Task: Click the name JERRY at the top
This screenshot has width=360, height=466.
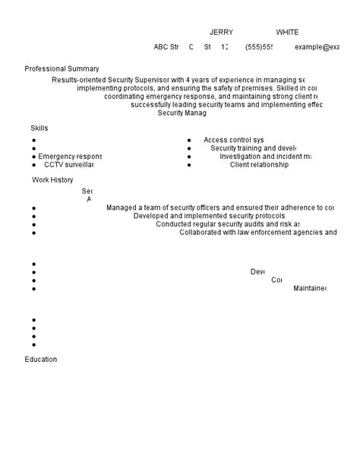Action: [221, 33]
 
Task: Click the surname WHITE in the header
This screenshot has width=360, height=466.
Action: [287, 33]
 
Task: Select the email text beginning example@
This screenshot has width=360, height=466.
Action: [317, 47]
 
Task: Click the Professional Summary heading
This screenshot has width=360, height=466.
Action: [62, 68]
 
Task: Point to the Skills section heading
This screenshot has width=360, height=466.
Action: [39, 128]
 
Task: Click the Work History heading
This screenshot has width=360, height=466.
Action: [52, 180]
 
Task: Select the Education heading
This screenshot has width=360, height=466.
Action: [40, 360]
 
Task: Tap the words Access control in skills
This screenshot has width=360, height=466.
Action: [233, 140]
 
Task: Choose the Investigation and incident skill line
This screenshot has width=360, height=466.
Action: [265, 157]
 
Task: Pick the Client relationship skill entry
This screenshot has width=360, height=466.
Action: [259, 164]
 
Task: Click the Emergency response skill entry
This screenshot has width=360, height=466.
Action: [70, 157]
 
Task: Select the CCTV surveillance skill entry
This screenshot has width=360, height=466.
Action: [68, 164]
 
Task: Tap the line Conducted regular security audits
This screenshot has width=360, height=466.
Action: [227, 224]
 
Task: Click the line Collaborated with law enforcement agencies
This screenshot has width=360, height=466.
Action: [258, 233]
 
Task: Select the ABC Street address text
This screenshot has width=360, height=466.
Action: [166, 47]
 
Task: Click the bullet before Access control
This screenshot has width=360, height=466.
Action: [188, 141]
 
